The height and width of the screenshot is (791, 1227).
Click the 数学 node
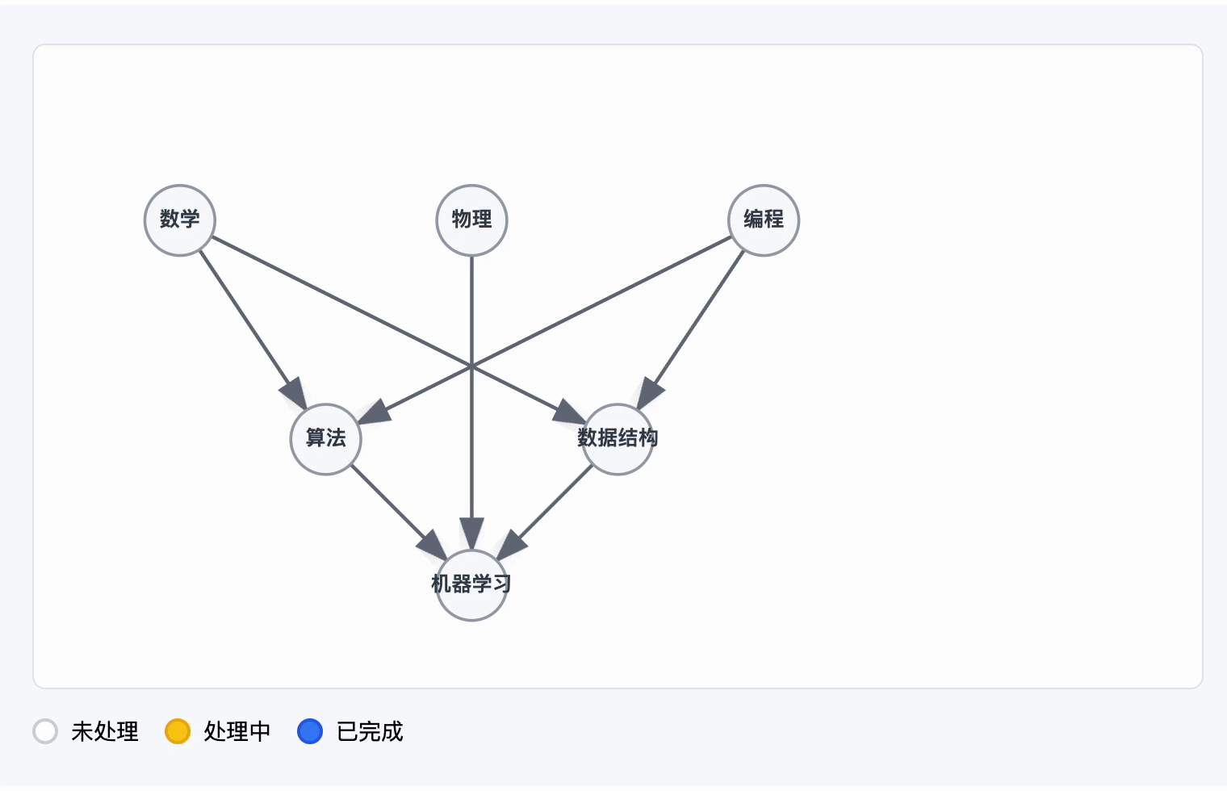[179, 220]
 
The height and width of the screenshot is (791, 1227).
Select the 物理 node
[471, 220]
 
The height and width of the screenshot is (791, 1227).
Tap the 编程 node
[764, 220]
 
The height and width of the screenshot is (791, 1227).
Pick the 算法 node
[325, 439]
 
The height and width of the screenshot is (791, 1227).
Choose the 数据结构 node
[618, 439]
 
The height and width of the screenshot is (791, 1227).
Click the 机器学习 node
[471, 585]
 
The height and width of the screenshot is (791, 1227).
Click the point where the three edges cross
[471, 366]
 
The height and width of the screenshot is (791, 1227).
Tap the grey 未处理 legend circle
[45, 731]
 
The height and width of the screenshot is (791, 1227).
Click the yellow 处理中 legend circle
[178, 731]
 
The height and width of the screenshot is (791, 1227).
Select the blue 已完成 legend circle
[310, 731]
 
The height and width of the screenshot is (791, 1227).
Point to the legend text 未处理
[105, 731]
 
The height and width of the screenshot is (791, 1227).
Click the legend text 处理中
[237, 731]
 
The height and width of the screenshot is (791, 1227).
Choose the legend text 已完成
[370, 731]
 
